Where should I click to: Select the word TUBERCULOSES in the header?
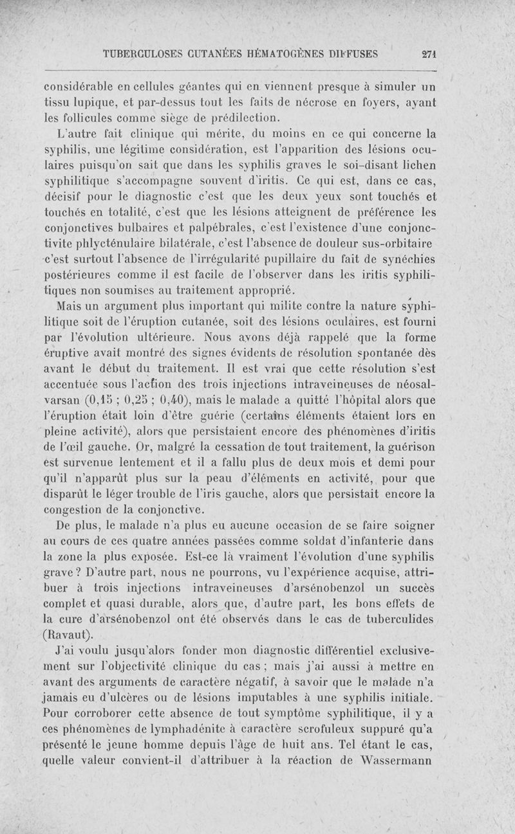[144, 55]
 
